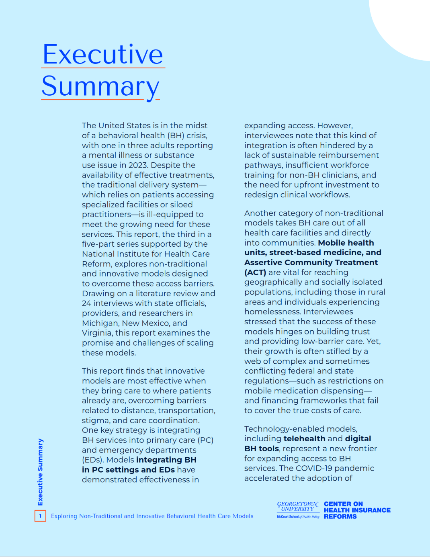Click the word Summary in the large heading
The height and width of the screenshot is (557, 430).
click(100, 86)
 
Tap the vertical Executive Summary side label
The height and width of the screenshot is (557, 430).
click(40, 472)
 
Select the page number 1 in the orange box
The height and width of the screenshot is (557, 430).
click(40, 516)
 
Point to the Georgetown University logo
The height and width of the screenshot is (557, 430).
click(298, 510)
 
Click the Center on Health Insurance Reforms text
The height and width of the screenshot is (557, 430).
click(357, 510)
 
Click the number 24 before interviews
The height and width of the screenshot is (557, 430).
click(86, 303)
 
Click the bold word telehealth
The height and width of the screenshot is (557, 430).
click(304, 438)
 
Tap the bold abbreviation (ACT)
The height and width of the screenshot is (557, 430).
click(255, 272)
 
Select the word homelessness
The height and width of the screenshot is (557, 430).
click(272, 312)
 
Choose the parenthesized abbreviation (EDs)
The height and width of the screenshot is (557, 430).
click(93, 460)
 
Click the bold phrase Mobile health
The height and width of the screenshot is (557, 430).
click(346, 243)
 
